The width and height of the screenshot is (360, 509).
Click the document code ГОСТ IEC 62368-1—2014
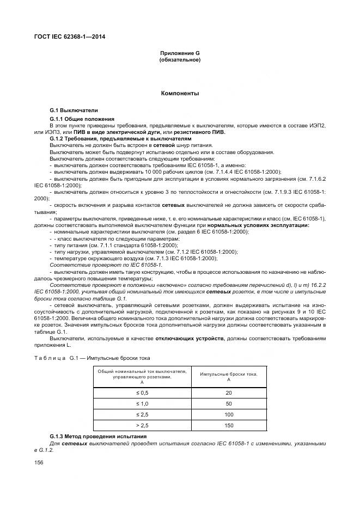(x=71, y=37)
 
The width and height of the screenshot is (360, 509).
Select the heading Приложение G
(x=180, y=53)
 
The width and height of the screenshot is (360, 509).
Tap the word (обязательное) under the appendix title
(x=180, y=59)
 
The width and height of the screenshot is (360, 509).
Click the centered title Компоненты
(x=180, y=94)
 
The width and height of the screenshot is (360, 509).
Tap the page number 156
(x=39, y=463)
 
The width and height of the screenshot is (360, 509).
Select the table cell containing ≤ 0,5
(x=142, y=393)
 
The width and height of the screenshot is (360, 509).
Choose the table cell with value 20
(x=228, y=393)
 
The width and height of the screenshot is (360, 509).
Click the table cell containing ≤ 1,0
(x=142, y=404)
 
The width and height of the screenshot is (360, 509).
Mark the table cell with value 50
(x=228, y=404)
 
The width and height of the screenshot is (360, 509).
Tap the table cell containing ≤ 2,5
(x=142, y=414)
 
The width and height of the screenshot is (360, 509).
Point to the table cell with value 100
(x=228, y=414)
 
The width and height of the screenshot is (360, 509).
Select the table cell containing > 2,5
(x=142, y=425)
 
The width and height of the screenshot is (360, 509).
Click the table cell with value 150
(x=228, y=425)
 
